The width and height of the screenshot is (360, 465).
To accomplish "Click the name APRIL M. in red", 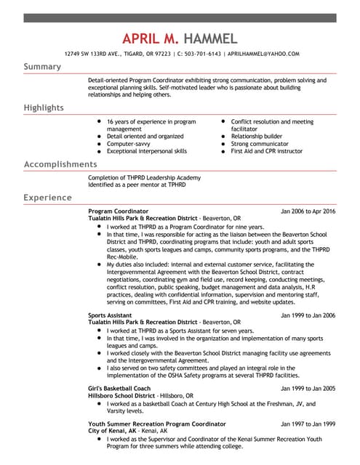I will pos(151,38).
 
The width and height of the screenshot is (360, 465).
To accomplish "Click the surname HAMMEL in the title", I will pos(210,38).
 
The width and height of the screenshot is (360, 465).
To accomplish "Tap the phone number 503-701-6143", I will pos(200,54).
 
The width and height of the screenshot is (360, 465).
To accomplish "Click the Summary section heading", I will pos(42,67).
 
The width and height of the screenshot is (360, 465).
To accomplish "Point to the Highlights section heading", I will pos(44,108).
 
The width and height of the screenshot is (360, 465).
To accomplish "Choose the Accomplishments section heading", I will pos(60,164).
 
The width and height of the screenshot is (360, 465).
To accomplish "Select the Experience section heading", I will pos(47,198).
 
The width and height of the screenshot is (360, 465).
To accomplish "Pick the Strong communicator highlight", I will pos(259,144).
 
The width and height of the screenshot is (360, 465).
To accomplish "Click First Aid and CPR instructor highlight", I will pos(266,151).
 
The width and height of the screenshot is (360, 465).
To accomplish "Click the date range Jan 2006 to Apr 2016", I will pos(308,211).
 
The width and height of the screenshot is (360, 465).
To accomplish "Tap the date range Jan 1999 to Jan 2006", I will pos(308,315).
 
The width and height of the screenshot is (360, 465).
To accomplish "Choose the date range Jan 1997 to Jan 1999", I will pos(308,424).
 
